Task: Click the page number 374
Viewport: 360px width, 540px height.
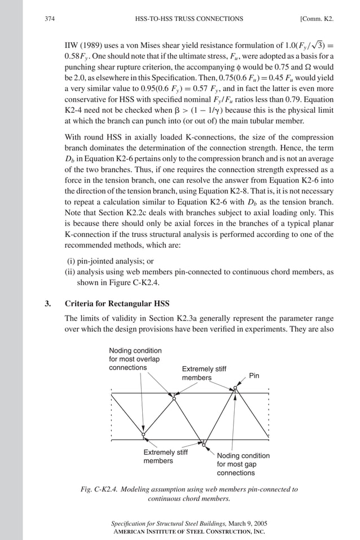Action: tap(48, 19)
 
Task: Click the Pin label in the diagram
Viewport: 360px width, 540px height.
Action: tap(254, 375)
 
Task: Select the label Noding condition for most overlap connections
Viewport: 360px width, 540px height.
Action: tap(135, 359)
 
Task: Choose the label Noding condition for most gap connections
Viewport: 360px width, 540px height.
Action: tap(243, 464)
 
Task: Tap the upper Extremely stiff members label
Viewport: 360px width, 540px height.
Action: tap(204, 373)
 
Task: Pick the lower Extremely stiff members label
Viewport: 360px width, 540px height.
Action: tap(165, 456)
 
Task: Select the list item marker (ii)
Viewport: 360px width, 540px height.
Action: tap(72, 271)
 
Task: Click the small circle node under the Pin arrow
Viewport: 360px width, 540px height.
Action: tap(235, 388)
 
